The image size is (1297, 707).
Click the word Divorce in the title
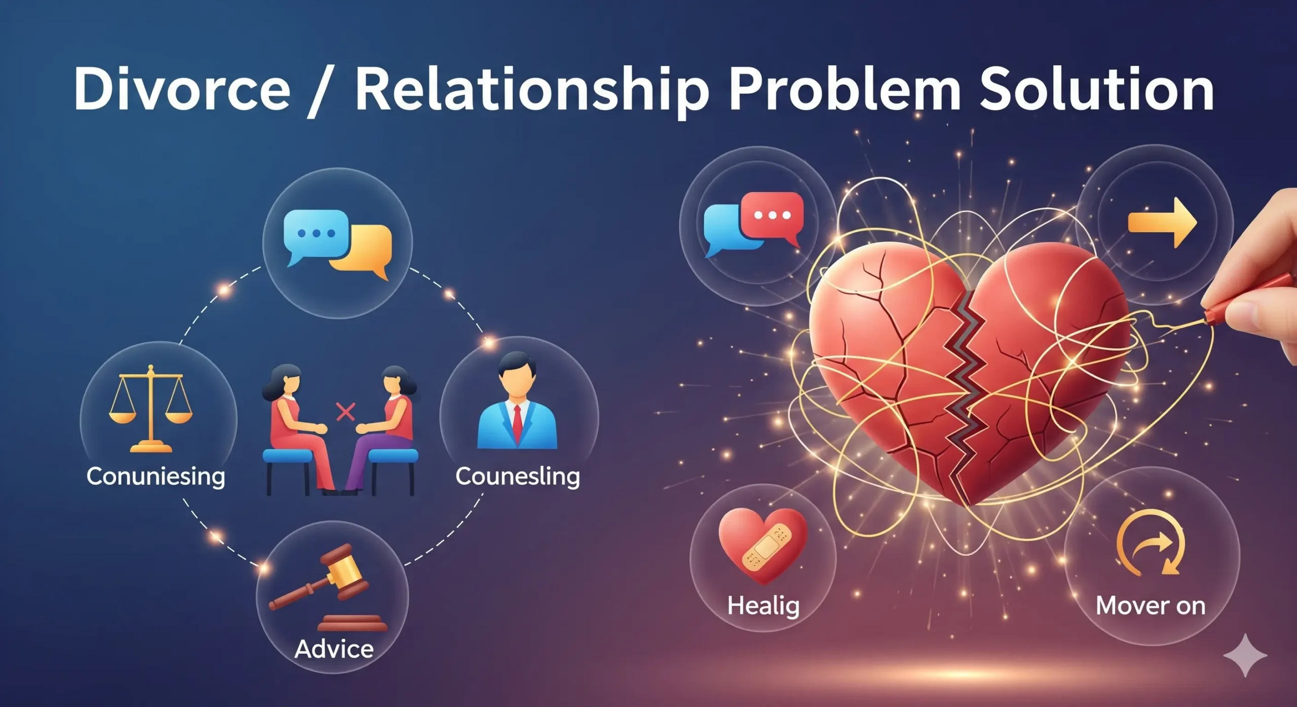[x=182, y=90]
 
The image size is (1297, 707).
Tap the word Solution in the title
[x=1097, y=90]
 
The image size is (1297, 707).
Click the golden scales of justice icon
[x=150, y=408]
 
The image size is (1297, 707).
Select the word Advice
[x=334, y=649]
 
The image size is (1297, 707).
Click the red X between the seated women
[x=346, y=412]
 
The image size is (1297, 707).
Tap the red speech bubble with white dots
[x=772, y=217]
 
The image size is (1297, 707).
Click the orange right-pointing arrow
[x=1162, y=223]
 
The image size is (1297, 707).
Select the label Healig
[x=764, y=606]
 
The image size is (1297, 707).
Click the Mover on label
[x=1151, y=606]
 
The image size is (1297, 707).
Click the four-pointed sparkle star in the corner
[x=1245, y=655]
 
